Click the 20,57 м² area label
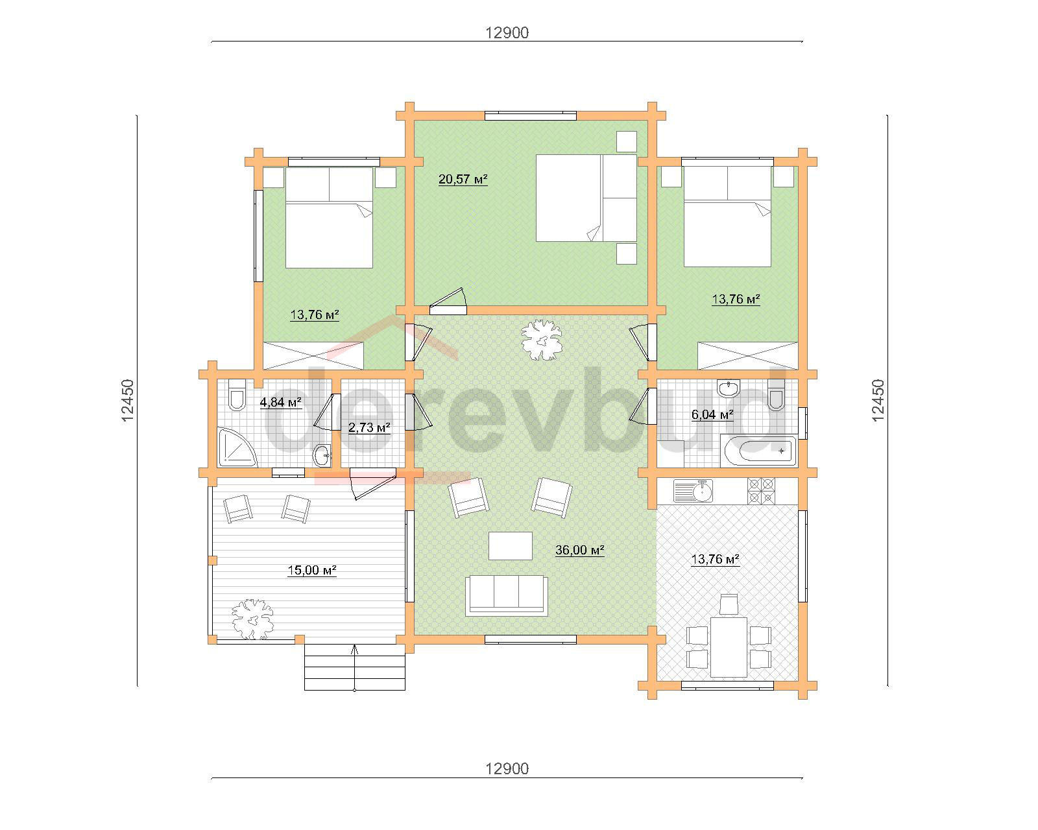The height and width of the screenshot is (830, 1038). [463, 180]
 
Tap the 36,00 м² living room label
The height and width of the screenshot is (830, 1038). [580, 550]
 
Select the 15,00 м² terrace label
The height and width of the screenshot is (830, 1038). [311, 570]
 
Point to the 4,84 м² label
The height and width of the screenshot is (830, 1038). [281, 402]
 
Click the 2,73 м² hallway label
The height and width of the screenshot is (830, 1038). [369, 427]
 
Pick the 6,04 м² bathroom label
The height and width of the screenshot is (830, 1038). [712, 414]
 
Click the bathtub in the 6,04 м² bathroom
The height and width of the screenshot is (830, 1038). [758, 451]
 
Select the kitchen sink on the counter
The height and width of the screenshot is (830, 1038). [693, 491]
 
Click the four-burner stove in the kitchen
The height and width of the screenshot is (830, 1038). [761, 490]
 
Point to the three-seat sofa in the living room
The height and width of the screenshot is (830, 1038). [507, 595]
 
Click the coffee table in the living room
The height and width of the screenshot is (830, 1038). [511, 546]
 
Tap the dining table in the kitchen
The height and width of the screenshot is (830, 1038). [729, 646]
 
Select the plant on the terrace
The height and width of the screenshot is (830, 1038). [252, 619]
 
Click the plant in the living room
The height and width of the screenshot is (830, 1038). [541, 340]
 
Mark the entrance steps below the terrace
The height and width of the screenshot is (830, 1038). [354, 667]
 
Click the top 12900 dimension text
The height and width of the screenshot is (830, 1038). [507, 33]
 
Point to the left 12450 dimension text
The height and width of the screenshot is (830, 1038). [127, 400]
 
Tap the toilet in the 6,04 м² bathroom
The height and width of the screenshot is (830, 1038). [776, 395]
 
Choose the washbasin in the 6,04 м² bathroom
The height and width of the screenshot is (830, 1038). [729, 388]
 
